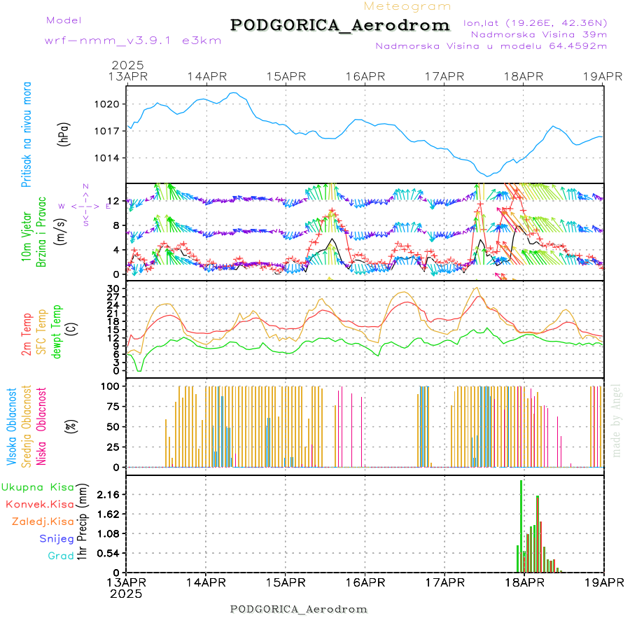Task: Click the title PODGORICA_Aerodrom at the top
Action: pyautogui.click(x=339, y=25)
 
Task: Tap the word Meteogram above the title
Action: pyautogui.click(x=408, y=6)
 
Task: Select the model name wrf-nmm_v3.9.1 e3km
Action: pyautogui.click(x=133, y=41)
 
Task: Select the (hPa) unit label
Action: pyautogui.click(x=64, y=133)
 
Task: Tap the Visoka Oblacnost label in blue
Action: pyautogui.click(x=11, y=427)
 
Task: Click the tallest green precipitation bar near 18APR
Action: pyautogui.click(x=521, y=525)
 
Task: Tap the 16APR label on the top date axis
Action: pyautogui.click(x=365, y=76)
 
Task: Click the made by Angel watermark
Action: pyautogui.click(x=617, y=420)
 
